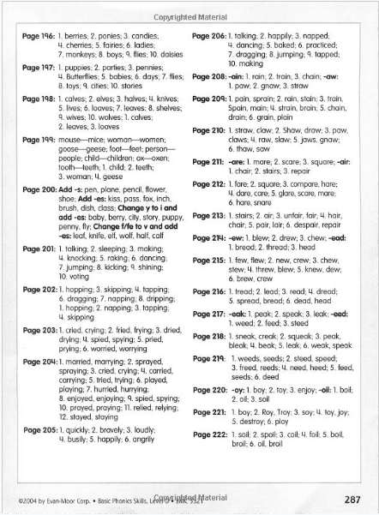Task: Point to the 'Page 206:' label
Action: click(x=208, y=41)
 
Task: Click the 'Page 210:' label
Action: click(x=208, y=129)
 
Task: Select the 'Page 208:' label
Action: click(x=208, y=77)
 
